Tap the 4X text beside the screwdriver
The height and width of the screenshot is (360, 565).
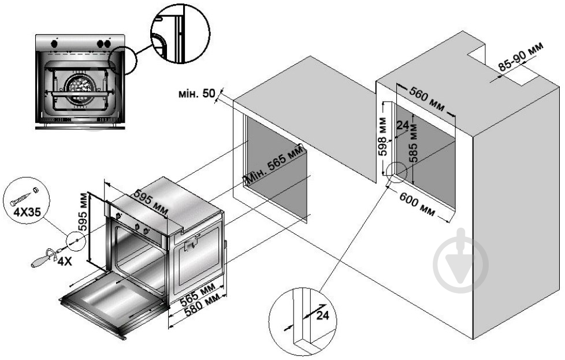[65, 261]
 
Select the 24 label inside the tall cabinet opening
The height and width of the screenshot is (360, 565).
[403, 126]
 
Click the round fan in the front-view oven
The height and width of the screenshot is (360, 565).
[79, 88]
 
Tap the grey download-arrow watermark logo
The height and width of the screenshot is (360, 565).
[460, 259]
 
